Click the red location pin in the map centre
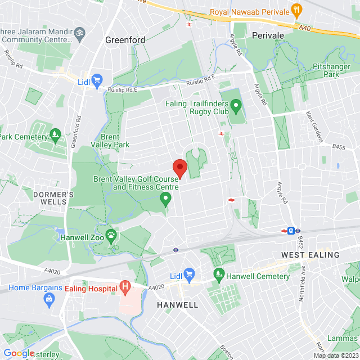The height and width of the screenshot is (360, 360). tap(179, 168)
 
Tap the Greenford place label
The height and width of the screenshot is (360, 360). tap(125, 40)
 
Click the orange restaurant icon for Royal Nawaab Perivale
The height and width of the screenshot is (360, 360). tap(297, 11)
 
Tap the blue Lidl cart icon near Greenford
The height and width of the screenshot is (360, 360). tap(97, 80)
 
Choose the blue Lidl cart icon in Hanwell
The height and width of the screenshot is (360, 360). tap(189, 275)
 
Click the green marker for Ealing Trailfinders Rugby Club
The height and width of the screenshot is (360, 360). tap(236, 104)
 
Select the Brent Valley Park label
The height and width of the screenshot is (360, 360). tap(115, 141)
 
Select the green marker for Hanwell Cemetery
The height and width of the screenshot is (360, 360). tap(219, 276)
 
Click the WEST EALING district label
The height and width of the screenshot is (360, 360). tap(310, 255)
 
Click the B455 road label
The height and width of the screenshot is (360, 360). tap(338, 147)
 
